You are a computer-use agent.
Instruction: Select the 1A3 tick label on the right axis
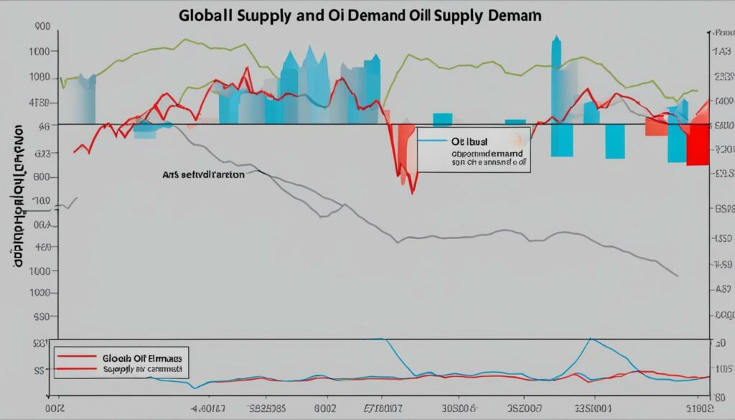[721, 52]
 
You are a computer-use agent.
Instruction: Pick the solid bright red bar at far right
[697, 145]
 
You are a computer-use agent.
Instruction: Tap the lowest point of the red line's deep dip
[412, 192]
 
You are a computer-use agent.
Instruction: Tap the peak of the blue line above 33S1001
[590, 338]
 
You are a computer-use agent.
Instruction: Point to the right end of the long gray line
[678, 276]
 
